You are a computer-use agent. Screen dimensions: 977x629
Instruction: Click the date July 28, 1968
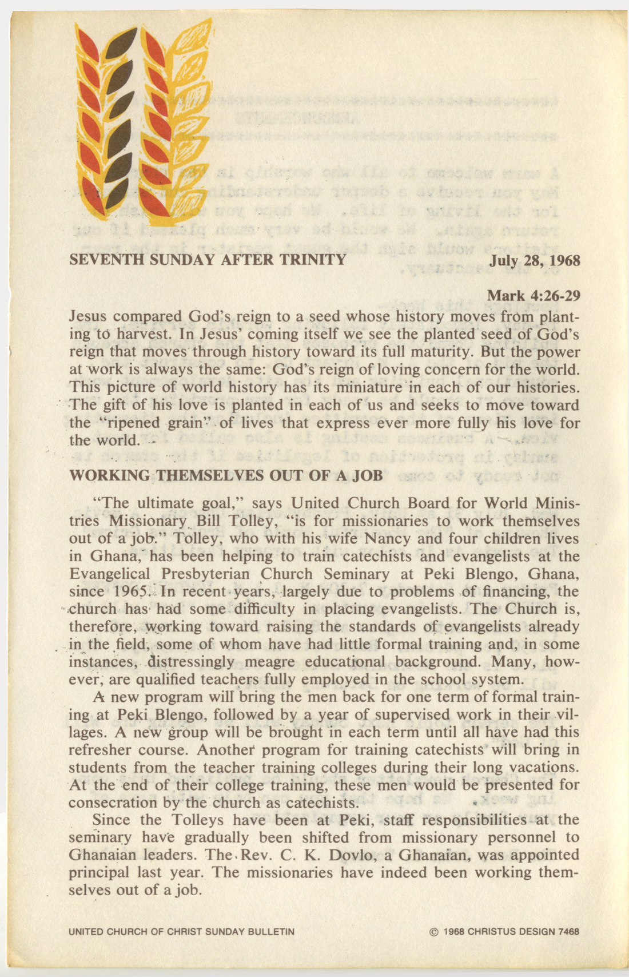pyautogui.click(x=535, y=261)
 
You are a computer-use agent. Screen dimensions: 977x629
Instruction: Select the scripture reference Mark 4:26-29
pyautogui.click(x=534, y=296)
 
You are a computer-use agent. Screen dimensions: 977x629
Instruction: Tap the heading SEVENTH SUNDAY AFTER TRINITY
pyautogui.click(x=207, y=260)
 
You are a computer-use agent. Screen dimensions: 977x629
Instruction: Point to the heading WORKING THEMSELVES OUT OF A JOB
pyautogui.click(x=225, y=476)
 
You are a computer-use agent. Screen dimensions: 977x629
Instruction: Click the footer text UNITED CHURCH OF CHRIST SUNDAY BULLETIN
pyautogui.click(x=181, y=931)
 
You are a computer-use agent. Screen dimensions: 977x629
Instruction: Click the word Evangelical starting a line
pyautogui.click(x=109, y=574)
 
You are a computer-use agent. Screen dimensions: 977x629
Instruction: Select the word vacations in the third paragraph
pyautogui.click(x=543, y=767)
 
